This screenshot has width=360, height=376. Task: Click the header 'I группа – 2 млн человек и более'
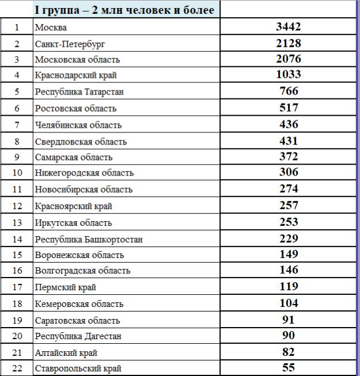[x=124, y=10]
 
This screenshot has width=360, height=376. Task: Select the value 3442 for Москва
[x=288, y=26]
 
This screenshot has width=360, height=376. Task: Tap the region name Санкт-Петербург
[x=70, y=43]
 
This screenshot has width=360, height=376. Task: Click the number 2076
[x=288, y=59]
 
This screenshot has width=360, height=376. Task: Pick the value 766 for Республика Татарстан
[x=288, y=91]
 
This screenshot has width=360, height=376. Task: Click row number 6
[x=17, y=108]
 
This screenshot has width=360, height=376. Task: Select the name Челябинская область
[x=78, y=125]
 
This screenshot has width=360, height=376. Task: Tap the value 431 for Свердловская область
[x=288, y=140]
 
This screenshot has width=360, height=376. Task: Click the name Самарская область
[x=74, y=157]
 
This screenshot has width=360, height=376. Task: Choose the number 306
[x=288, y=172]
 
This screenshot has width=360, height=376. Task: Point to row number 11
[x=17, y=189]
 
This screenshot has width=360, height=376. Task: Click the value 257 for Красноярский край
[x=288, y=205]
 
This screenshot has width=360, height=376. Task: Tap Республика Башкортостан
[x=89, y=240]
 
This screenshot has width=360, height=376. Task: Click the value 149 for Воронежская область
[x=288, y=254]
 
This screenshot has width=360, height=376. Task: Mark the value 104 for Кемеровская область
[x=288, y=303]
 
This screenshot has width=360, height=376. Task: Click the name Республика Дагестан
[x=78, y=336]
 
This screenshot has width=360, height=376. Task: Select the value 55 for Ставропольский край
[x=289, y=368]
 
